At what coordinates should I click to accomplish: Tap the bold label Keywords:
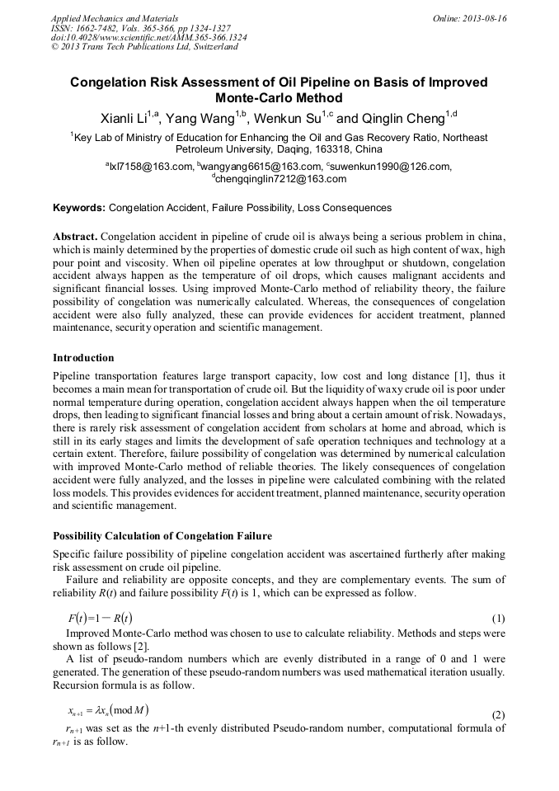click(x=79, y=208)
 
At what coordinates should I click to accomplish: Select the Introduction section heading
click(x=83, y=357)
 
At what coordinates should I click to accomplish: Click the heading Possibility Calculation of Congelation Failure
click(x=162, y=535)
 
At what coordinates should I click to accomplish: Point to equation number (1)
click(x=498, y=619)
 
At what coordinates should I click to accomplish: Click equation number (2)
click(x=498, y=713)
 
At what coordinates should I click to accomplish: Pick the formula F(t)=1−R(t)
click(x=101, y=618)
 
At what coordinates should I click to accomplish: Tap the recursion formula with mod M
click(x=108, y=709)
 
